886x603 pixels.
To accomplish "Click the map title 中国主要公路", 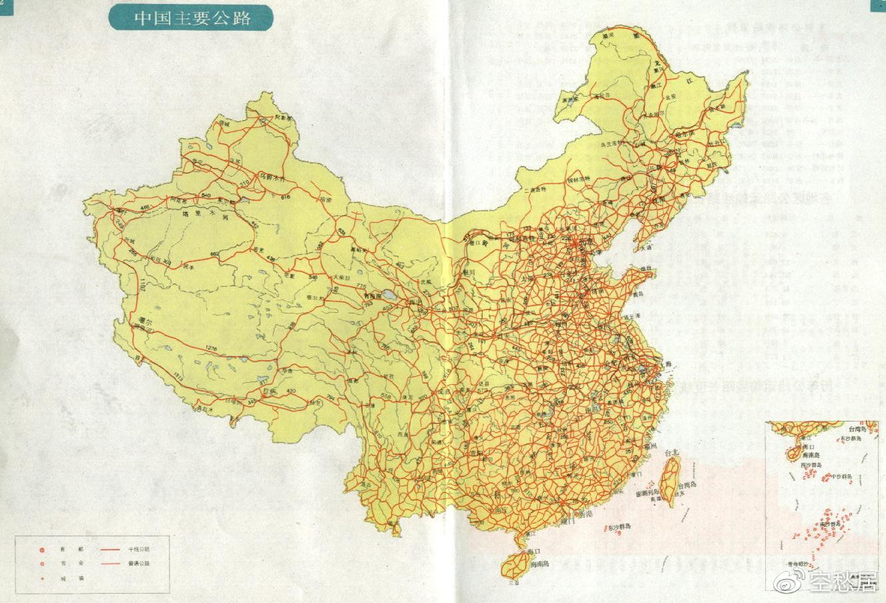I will pos(191,17).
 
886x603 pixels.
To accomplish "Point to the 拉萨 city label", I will pos(268,391).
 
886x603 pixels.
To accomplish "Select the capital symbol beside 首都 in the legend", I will pos(41,550).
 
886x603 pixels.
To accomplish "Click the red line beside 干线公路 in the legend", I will pos(110,549).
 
